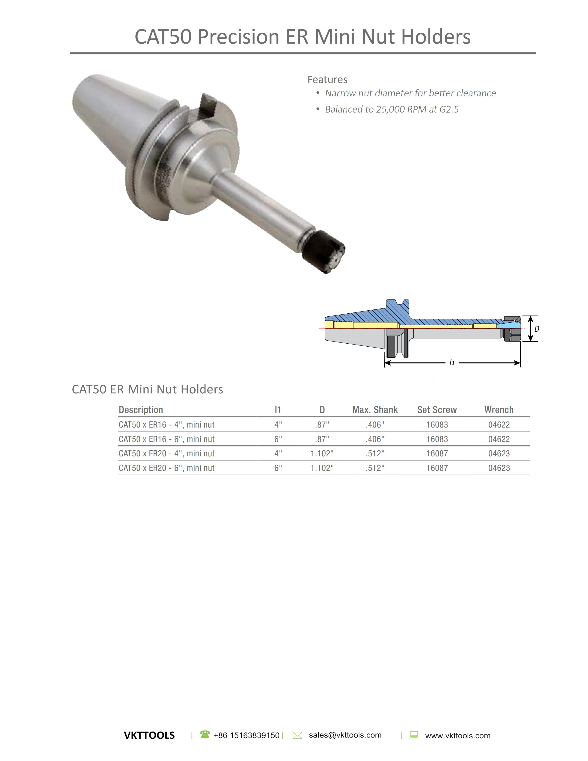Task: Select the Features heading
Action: [x=327, y=80]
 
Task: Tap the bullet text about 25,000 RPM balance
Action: [x=392, y=109]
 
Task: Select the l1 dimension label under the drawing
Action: [x=452, y=363]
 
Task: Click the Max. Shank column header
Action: [x=375, y=410]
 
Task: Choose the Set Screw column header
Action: [x=437, y=410]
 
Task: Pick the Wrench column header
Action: [x=499, y=410]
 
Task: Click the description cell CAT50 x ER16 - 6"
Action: [x=166, y=439]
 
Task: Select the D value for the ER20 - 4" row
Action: [x=322, y=454]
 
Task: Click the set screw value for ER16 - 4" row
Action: [x=437, y=425]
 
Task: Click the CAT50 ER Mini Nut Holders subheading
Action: [x=147, y=389]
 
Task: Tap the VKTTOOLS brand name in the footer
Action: [x=149, y=736]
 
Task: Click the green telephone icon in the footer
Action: [x=205, y=734]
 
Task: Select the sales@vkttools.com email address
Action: [x=345, y=735]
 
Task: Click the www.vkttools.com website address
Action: [x=457, y=736]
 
